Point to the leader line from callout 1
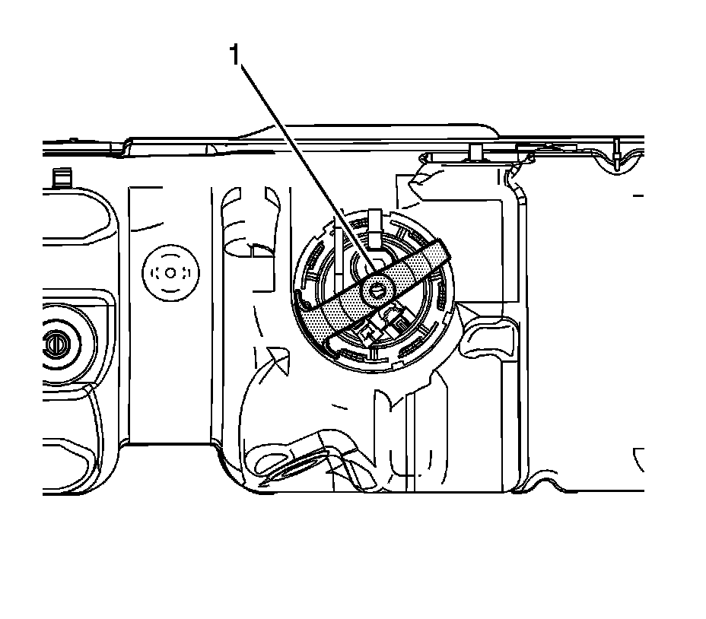(x=304, y=167)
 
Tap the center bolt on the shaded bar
(x=375, y=289)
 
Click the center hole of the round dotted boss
(x=170, y=272)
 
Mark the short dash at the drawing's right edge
(x=638, y=195)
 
